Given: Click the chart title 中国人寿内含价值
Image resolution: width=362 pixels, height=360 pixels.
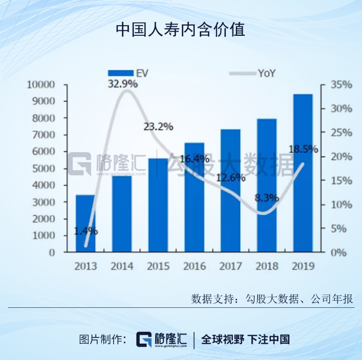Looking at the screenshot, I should point(180,29).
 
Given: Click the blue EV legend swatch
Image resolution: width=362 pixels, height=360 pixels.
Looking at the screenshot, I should point(120,73).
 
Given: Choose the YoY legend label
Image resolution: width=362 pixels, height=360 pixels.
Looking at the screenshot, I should point(266,73).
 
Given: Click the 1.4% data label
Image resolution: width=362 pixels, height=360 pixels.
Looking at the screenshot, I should point(86,231).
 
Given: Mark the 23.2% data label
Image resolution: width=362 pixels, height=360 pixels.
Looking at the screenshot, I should point(158,126).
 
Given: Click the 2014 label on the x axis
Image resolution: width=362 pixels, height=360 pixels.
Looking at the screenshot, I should point(121,266).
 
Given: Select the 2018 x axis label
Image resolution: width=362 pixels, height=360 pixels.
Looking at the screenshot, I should point(266,266).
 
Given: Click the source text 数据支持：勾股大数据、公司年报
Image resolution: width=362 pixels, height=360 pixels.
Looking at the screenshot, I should point(272,299).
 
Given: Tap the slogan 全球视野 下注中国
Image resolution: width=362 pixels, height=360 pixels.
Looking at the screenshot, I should point(246,339).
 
